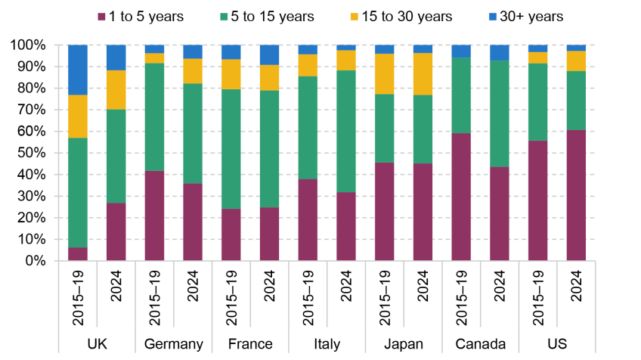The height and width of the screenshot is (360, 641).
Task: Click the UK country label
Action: click(97, 344)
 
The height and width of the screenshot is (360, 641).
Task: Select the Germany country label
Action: click(174, 344)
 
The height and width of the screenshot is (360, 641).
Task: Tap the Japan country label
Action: click(403, 344)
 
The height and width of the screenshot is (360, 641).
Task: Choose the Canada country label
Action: click(480, 344)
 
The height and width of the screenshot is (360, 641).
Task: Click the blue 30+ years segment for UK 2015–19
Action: click(78, 70)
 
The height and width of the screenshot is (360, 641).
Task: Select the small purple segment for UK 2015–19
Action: click(78, 254)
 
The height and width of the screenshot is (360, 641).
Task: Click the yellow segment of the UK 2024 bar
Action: click(116, 90)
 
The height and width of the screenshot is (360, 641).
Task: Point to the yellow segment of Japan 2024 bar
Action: click(423, 73)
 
